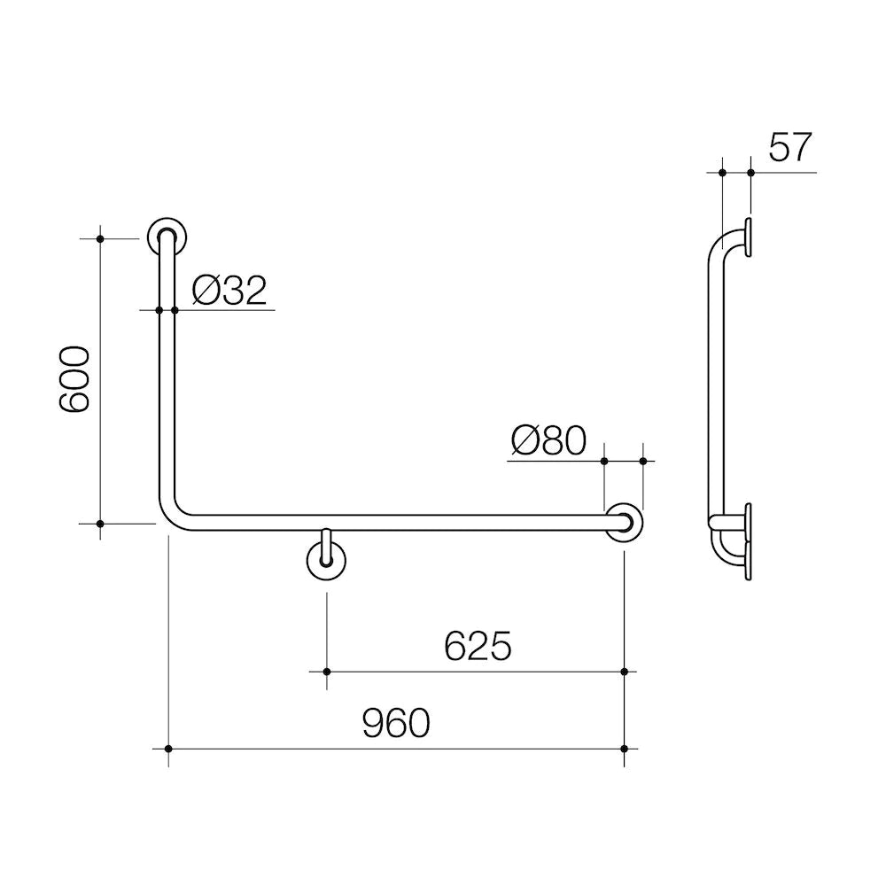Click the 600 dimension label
[76, 379]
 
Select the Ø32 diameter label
[229, 291]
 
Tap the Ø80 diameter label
[548, 440]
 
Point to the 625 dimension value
[478, 647]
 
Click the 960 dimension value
[395, 724]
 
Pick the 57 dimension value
[789, 147]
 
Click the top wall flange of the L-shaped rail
[166, 237]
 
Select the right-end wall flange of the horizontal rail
[626, 522]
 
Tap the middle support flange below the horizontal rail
[326, 560]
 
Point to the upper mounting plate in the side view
[750, 239]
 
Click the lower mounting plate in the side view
[750, 541]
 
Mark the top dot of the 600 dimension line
[100, 238]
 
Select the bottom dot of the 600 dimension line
[100, 524]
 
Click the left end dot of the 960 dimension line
[167, 749]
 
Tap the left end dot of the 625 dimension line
[327, 672]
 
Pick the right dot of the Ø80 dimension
[644, 461]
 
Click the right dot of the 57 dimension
[750, 172]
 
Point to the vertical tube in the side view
[716, 381]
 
